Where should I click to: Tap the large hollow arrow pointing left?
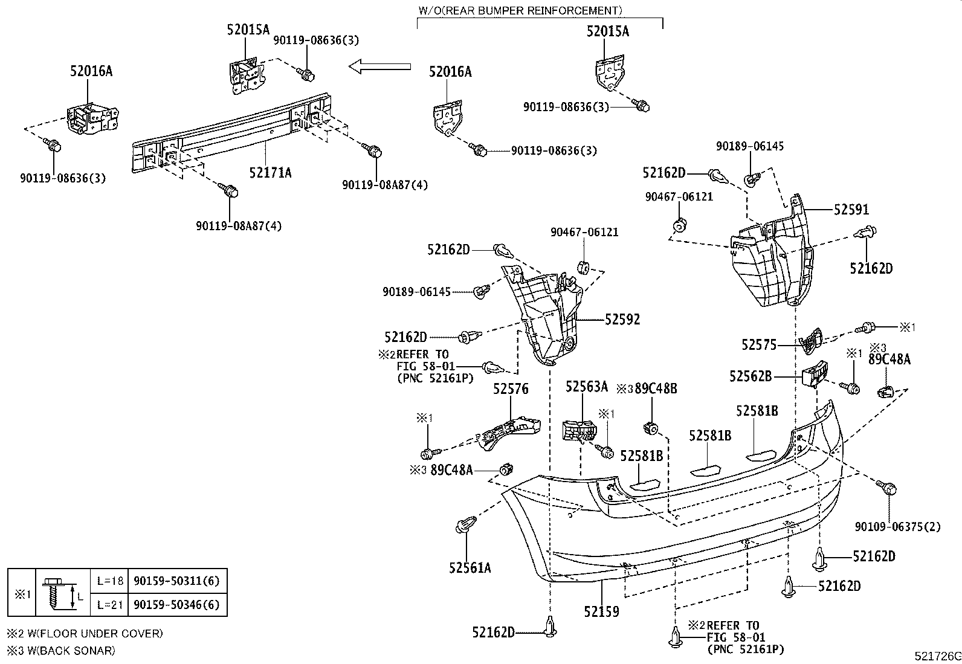point(379,66)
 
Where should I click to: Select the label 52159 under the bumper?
point(602,611)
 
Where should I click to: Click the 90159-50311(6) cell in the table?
point(176,581)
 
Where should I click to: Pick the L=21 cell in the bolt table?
point(110,605)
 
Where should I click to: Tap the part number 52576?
point(511,388)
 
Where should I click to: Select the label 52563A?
point(587,387)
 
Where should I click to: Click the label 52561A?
point(470,567)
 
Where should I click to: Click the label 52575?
point(760,344)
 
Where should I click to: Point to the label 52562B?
point(751,376)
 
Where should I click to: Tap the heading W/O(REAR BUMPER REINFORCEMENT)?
point(520,10)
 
